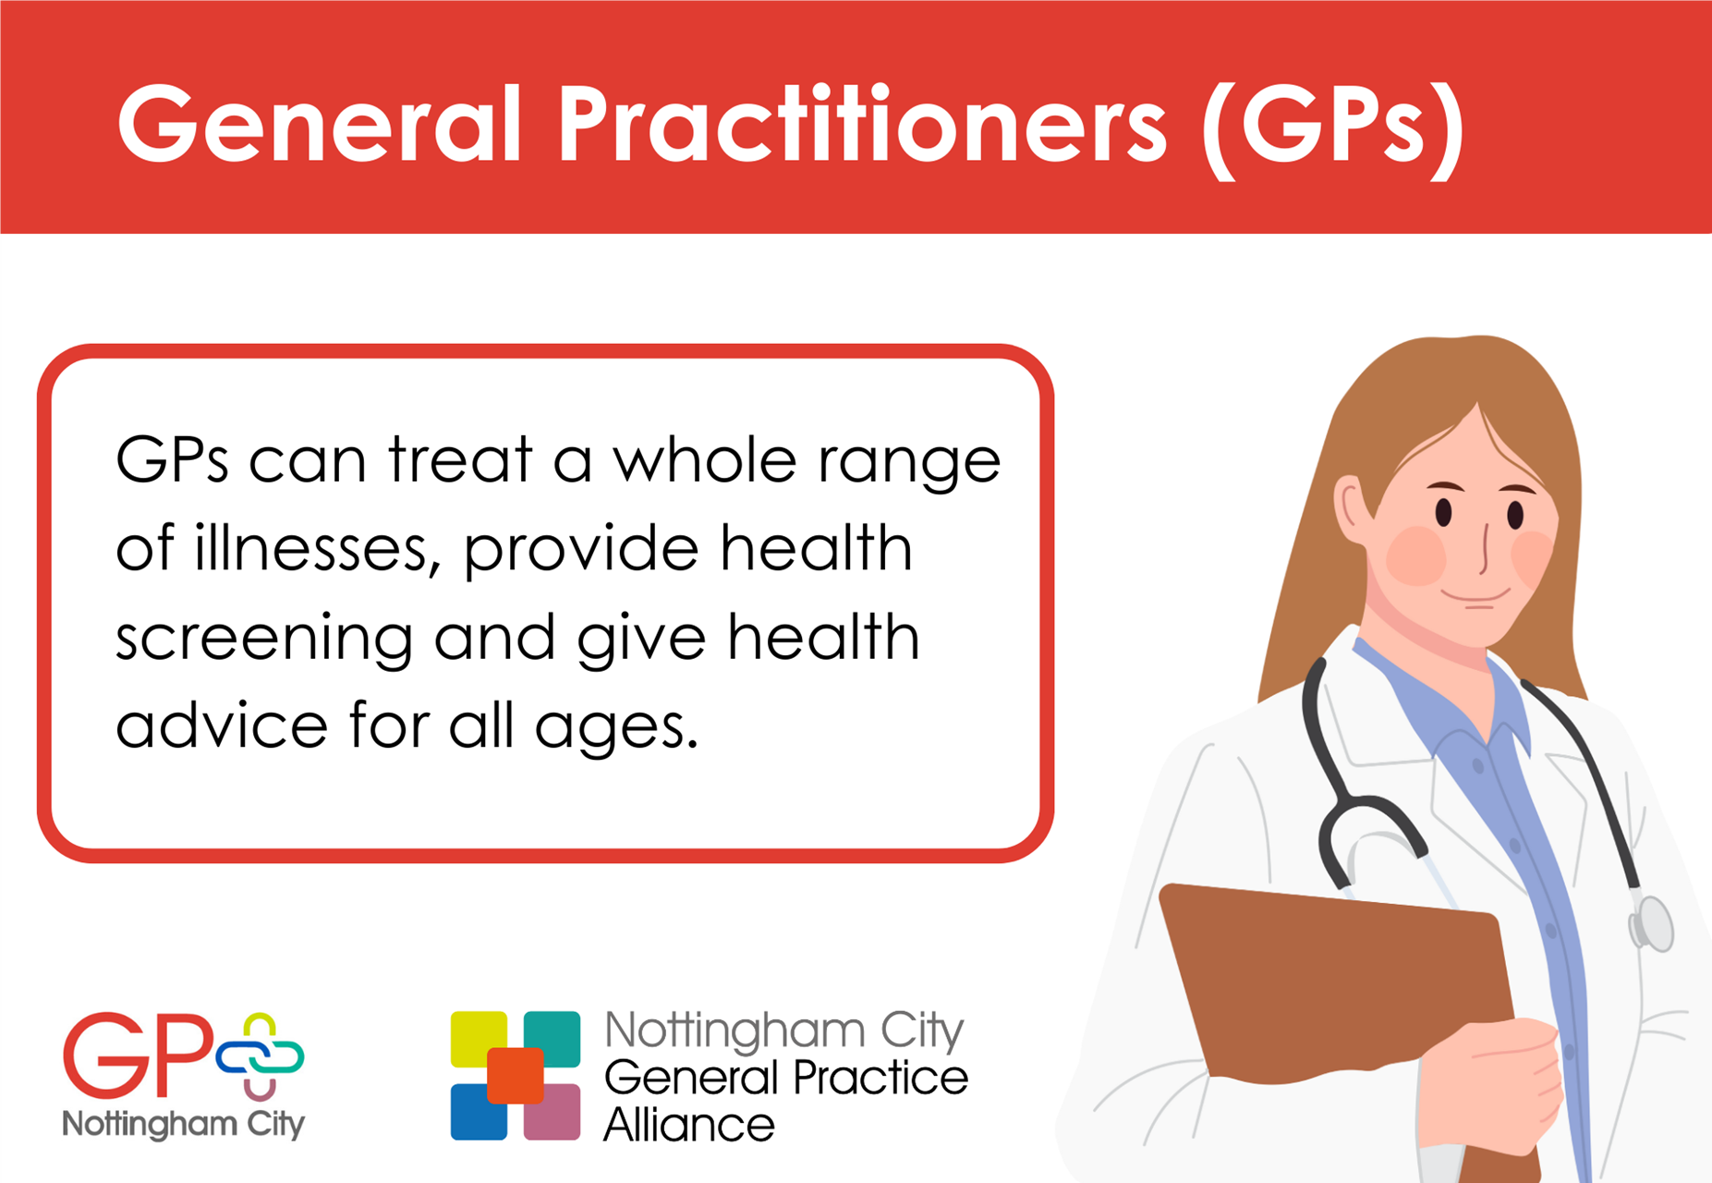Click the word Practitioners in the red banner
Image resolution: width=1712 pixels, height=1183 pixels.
[861, 126]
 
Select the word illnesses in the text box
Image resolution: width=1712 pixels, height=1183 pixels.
[312, 547]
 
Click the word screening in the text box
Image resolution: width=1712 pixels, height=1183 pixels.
[263, 638]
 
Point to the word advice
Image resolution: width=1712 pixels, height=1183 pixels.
[222, 725]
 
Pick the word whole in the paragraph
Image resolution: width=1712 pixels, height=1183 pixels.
[704, 459]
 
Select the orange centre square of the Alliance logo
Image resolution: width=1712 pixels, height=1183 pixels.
[515, 1075]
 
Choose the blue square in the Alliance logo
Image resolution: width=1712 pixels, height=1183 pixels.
[477, 1114]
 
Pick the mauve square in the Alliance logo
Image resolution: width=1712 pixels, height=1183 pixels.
[552, 1114]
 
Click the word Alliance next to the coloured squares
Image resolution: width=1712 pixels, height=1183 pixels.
[688, 1125]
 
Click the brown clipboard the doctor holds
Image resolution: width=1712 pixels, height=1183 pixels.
[1330, 980]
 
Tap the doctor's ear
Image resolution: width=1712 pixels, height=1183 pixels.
[1351, 508]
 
